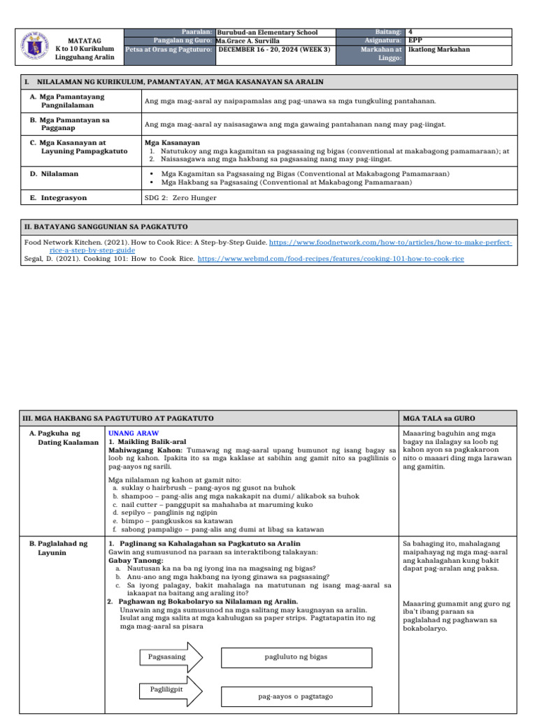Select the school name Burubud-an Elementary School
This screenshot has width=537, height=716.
[x=267, y=32]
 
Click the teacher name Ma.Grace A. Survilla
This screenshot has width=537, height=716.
[x=248, y=41]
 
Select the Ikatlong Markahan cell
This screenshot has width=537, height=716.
[x=439, y=50]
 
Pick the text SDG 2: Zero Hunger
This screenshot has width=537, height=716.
[x=180, y=198]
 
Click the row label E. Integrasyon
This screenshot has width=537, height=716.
[x=58, y=198]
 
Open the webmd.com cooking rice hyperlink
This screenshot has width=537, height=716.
[x=331, y=259]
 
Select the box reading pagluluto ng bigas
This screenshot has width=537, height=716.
[x=296, y=657]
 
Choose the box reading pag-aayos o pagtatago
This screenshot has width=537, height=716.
[x=296, y=696]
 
